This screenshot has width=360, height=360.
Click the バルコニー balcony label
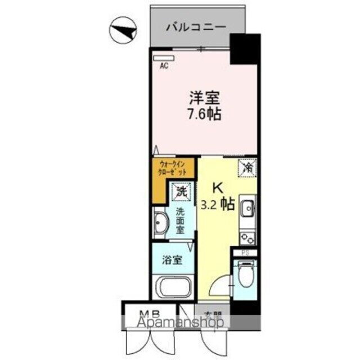coord(196,26)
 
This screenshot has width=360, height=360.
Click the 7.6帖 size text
coord(203,113)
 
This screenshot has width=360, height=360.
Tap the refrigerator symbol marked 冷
coord(248,167)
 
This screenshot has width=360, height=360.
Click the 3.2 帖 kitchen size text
coord(218,204)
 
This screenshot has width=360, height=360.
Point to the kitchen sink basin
coord(248,210)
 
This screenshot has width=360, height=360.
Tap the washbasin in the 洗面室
coord(161,223)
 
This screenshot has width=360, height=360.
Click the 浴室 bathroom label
coord(172,261)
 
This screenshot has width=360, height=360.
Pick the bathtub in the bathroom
coord(172,289)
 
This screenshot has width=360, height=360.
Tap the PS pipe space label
coord(245,253)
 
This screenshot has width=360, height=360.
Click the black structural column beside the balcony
coord(245,49)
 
